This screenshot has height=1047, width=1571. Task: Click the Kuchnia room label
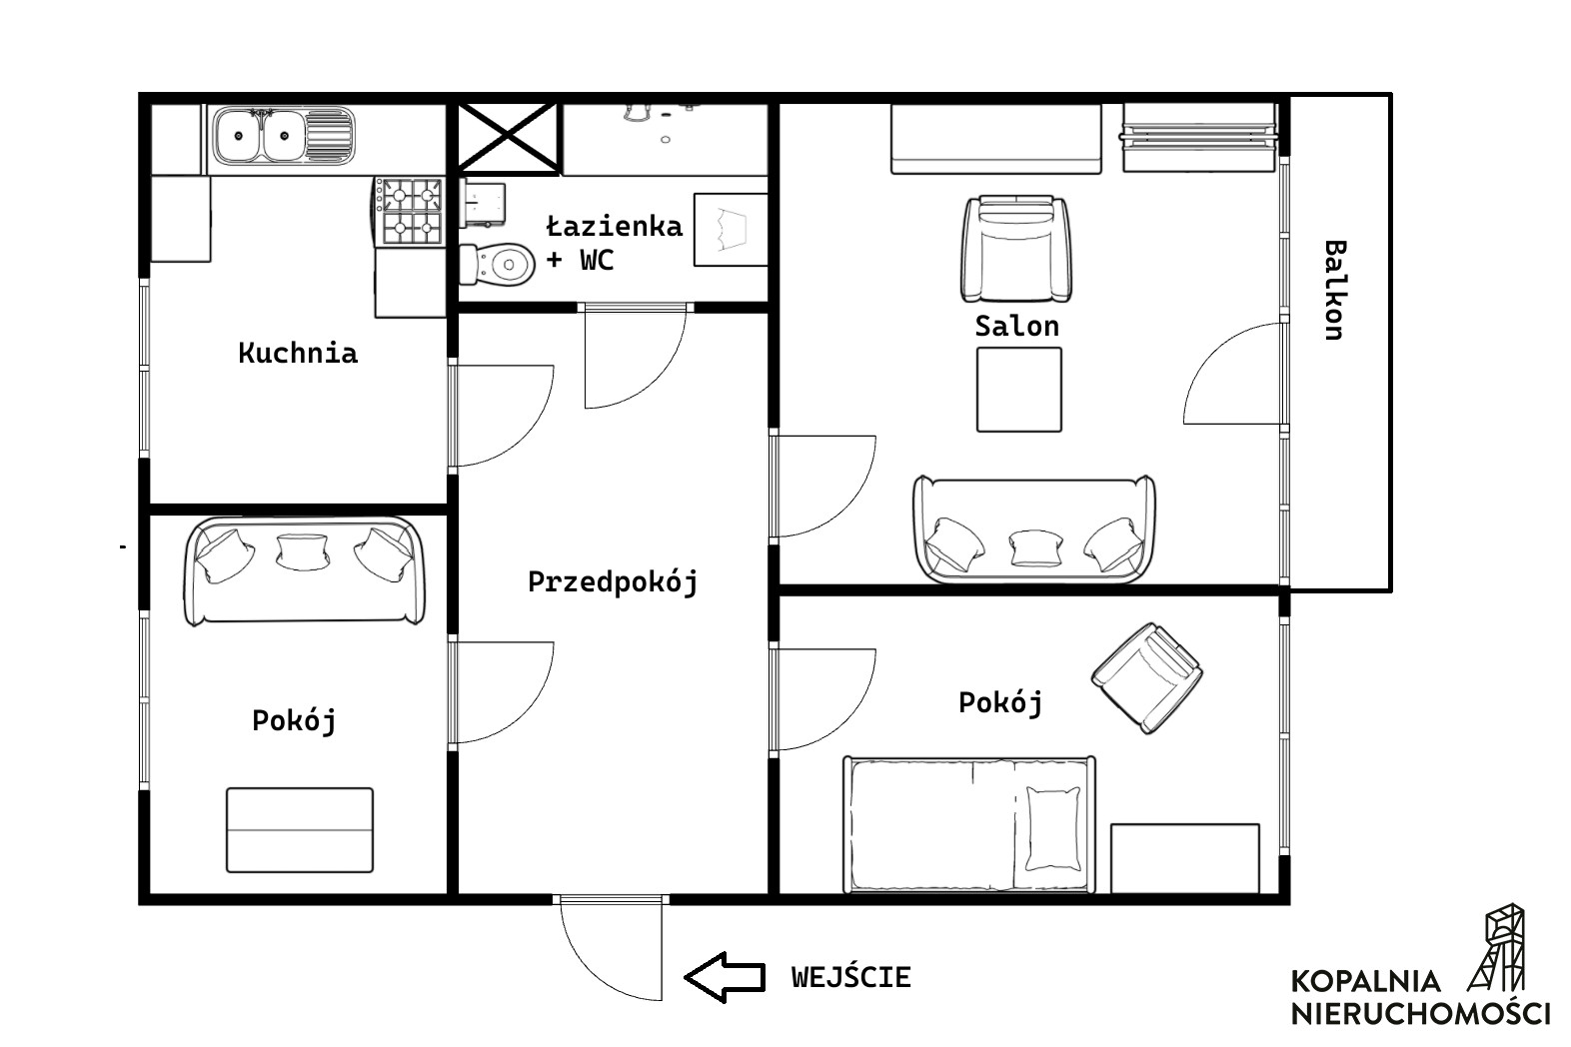pyautogui.click(x=298, y=353)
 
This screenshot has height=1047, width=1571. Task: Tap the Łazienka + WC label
pyautogui.click(x=614, y=243)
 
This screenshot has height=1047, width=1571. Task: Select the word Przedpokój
pyautogui.click(x=613, y=582)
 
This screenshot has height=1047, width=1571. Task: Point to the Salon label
pyautogui.click(x=1017, y=326)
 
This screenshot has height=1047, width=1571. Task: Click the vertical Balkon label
pyautogui.click(x=1335, y=291)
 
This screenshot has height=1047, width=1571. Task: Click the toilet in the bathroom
pyautogui.click(x=497, y=265)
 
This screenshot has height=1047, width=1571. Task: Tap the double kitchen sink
pyautogui.click(x=284, y=135)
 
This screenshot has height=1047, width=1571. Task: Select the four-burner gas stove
pyautogui.click(x=410, y=211)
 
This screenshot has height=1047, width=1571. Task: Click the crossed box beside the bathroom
pyautogui.click(x=508, y=137)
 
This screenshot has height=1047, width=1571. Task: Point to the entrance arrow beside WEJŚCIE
pyautogui.click(x=725, y=977)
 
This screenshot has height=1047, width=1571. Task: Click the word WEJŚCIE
pyautogui.click(x=851, y=977)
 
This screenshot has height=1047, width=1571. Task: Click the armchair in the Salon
pyautogui.click(x=1016, y=249)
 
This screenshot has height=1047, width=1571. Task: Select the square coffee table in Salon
pyautogui.click(x=1019, y=390)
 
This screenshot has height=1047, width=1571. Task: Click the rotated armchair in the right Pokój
pyautogui.click(x=1146, y=678)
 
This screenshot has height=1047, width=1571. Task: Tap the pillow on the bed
pyautogui.click(x=1053, y=828)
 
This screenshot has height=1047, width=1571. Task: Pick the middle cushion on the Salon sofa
pyautogui.click(x=1036, y=547)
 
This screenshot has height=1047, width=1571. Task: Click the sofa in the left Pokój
pyautogui.click(x=305, y=570)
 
